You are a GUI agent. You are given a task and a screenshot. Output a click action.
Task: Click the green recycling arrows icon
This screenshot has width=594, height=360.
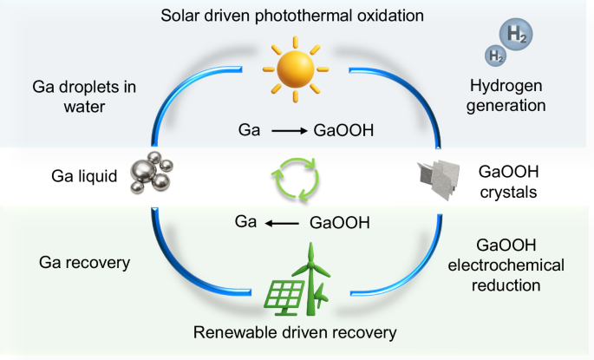297,178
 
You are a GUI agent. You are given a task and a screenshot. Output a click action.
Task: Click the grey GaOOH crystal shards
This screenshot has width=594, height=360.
441,179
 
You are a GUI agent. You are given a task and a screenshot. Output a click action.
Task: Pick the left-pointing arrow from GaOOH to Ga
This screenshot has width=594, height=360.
284,223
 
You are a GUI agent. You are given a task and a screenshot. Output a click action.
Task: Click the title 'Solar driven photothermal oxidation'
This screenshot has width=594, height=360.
297,15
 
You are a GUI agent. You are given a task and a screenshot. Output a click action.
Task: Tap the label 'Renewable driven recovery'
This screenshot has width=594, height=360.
297,332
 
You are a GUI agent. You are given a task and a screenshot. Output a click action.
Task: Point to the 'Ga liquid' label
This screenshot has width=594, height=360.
84,177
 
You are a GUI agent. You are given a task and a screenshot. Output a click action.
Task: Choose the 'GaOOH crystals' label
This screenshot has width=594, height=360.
518,180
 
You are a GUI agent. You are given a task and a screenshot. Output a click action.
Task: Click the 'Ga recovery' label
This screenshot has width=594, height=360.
78,261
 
